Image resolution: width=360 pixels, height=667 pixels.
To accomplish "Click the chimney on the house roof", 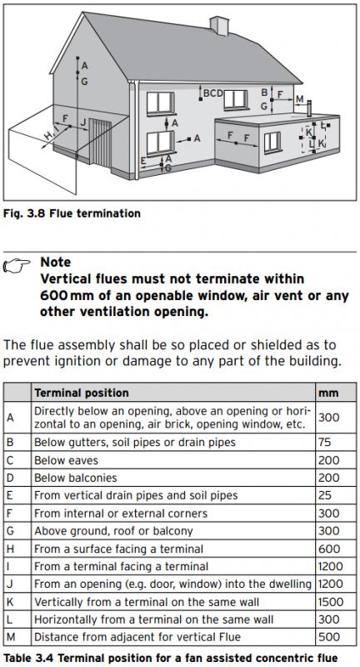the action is coord(219,26).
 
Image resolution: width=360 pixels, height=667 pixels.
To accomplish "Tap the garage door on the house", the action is coord(100,143).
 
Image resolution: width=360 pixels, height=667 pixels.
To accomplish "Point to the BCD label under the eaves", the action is coord(212,93).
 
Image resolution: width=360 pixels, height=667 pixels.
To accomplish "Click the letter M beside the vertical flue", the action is coord(300,99).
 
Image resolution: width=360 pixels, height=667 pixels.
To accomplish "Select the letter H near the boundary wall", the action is coord(49,135).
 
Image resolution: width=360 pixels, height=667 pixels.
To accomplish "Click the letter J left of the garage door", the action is coord(83,123).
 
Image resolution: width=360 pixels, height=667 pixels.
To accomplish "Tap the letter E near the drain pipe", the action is coord(143,161).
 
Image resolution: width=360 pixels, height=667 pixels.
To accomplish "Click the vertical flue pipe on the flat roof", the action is coord(309,109).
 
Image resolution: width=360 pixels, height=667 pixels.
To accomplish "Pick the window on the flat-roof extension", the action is coord(272,142).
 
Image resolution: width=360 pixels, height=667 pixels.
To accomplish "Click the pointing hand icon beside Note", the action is coord(17,265).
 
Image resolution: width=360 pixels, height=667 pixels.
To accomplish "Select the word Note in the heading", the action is coord(56,262).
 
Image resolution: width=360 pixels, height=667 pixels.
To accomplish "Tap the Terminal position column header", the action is coord(82,392).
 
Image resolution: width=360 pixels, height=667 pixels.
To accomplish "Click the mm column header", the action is coord(328,393).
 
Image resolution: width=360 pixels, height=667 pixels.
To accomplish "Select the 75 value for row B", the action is coord(324,443).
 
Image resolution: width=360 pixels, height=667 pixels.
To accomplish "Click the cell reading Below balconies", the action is coord(76,478).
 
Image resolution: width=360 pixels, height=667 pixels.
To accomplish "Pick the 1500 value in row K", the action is coord(330,602).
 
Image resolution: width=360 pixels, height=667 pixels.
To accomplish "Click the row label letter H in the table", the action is coord(10,549).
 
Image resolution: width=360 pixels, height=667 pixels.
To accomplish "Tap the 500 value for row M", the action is coord(329,637).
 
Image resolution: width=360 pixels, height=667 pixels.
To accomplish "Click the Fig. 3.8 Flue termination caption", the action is coord(72,213).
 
